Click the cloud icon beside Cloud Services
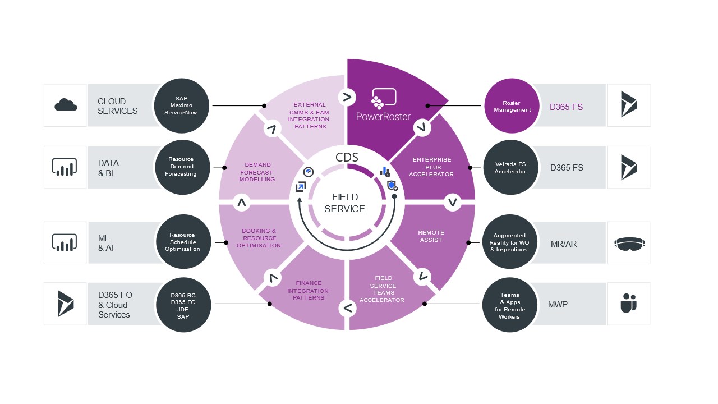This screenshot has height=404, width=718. [x=66, y=105]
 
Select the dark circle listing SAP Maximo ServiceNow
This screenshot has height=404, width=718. [x=182, y=105]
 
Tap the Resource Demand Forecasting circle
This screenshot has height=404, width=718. [x=181, y=167]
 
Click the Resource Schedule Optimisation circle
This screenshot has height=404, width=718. [x=182, y=242]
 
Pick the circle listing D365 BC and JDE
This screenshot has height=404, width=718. [x=183, y=305]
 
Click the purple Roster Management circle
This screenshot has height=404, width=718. [x=512, y=106]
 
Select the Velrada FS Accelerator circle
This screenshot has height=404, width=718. [x=510, y=168]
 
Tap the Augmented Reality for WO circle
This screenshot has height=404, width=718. [x=510, y=242]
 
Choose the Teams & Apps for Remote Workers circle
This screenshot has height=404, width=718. [x=509, y=305]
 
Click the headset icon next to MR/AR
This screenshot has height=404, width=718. [x=629, y=243]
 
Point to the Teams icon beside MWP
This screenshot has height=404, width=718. [x=629, y=304]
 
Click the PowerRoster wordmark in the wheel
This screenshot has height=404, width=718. [x=384, y=117]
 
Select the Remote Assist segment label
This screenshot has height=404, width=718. [x=431, y=236]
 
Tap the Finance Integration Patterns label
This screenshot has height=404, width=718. [x=308, y=291]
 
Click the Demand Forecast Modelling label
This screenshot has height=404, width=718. [x=257, y=172]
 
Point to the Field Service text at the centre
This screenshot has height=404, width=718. [x=348, y=203]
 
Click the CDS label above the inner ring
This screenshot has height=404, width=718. [x=347, y=157]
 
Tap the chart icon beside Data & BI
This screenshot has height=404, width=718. [x=65, y=167]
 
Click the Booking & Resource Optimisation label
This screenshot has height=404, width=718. [x=259, y=238]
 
